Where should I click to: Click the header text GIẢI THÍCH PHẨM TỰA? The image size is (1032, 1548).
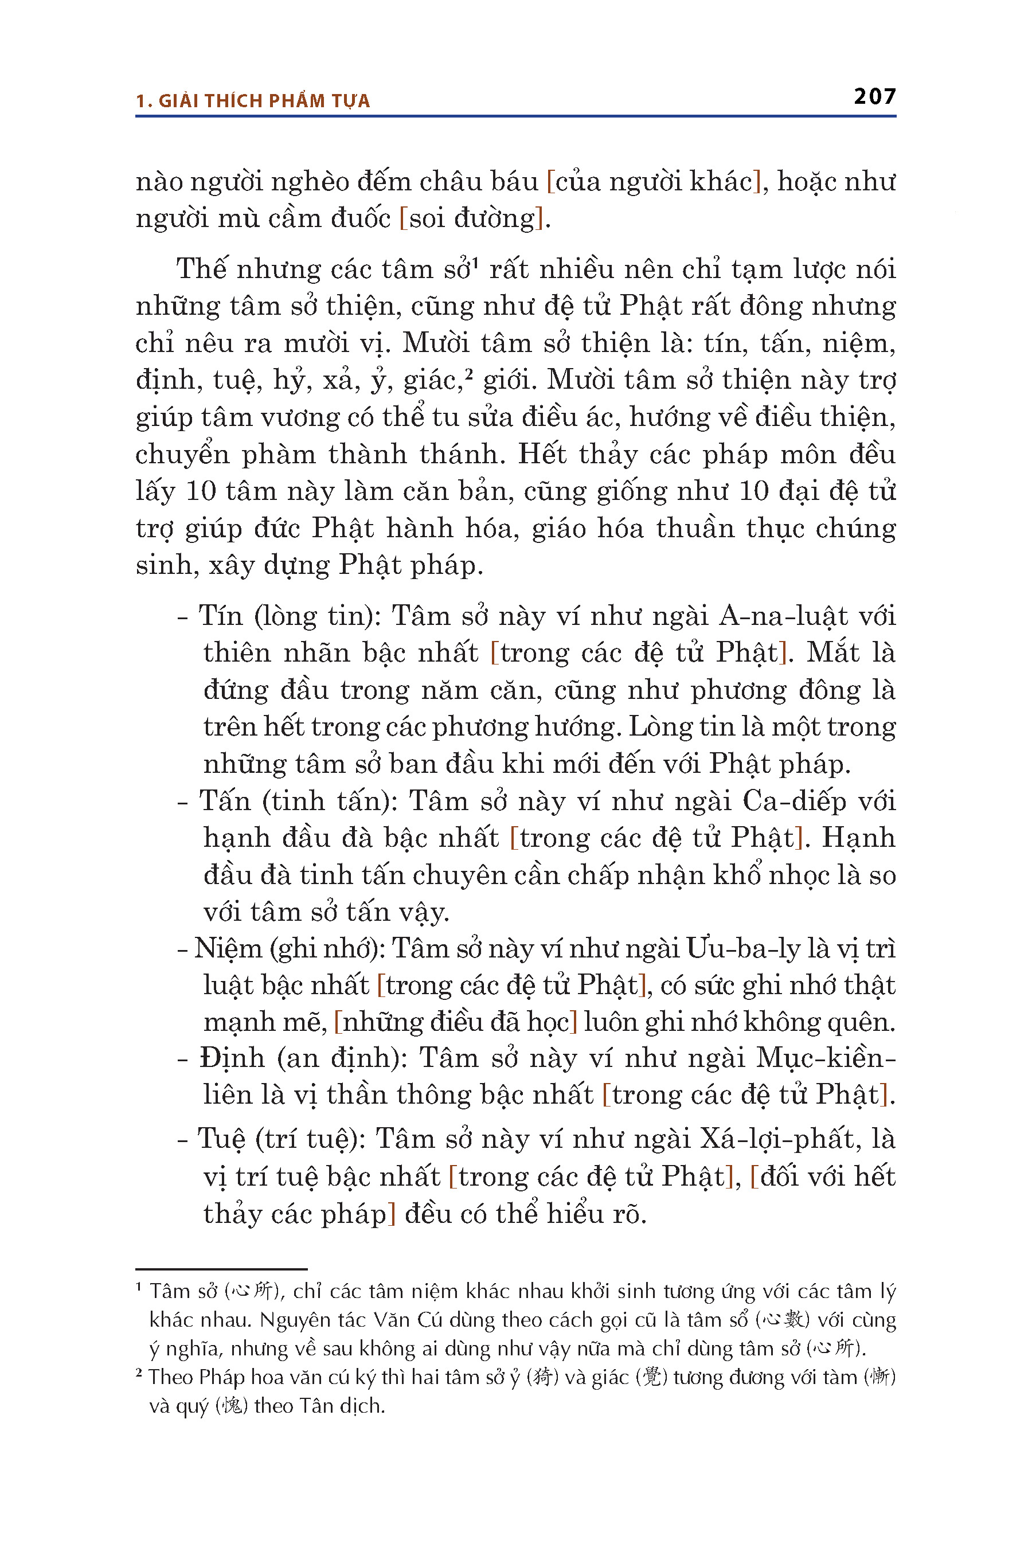point(264,101)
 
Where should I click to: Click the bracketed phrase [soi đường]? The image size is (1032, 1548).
point(472,218)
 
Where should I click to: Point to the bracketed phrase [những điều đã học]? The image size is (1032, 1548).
point(455,1022)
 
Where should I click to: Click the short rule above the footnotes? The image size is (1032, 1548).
point(221,1268)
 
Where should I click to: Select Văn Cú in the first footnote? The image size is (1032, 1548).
point(401,1320)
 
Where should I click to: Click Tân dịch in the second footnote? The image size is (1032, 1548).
point(342,1406)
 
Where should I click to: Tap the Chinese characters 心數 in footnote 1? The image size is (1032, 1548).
point(782,1320)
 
